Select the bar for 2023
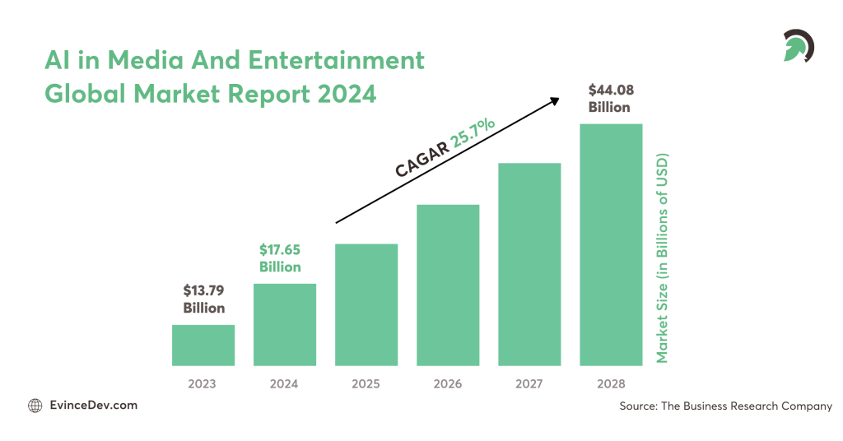coord(203,345)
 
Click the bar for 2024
coord(284,324)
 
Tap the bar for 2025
coord(366,304)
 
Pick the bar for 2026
coord(448,285)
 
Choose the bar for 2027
coord(529,264)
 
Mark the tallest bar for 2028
coord(611,244)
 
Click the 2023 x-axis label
coord(203,383)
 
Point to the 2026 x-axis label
coord(448,383)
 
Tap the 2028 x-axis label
coord(611,383)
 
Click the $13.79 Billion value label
coord(203,299)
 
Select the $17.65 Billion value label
coord(280,258)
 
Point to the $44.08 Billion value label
coord(609,99)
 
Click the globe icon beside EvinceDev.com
coord(35,406)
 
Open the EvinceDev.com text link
coord(93,406)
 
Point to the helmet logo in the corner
coord(797,46)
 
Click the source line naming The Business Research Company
coord(725,406)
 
